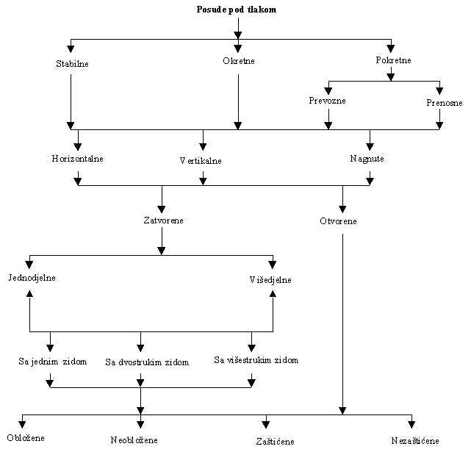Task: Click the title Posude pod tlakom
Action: tap(237, 10)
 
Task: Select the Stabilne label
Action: tap(72, 64)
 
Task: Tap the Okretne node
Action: tap(239, 61)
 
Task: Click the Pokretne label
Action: tap(393, 60)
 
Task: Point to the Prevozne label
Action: tap(327, 100)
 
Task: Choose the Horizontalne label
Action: tap(77, 158)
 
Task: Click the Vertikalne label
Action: tap(201, 160)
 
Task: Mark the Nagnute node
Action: tap(367, 158)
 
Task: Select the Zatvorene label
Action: tap(164, 220)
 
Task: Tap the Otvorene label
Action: tap(339, 220)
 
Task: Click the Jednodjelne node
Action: tap(32, 278)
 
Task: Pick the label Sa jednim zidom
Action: tap(53, 362)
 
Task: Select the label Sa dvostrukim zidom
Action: tap(147, 362)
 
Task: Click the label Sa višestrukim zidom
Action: tap(256, 360)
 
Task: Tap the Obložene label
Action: tap(26, 438)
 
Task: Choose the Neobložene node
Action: tap(134, 440)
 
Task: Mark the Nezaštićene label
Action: tap(415, 441)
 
